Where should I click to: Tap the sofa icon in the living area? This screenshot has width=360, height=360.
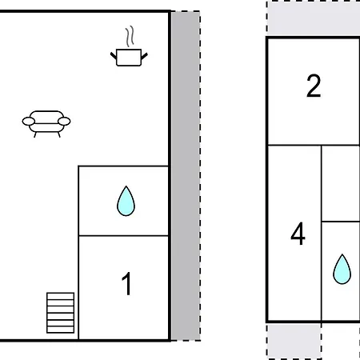click(x=46, y=124)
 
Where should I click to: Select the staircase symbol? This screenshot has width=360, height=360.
click(x=60, y=313)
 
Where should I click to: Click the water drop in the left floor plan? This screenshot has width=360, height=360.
click(x=126, y=201)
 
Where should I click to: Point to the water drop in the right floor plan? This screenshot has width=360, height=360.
click(x=342, y=270)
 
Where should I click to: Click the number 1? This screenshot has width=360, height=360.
click(x=126, y=284)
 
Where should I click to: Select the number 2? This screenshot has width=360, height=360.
click(x=314, y=86)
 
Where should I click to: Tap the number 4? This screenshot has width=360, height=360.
click(x=298, y=234)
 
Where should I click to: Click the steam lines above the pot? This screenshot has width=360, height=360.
click(x=130, y=36)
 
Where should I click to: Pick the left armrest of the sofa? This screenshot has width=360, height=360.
click(x=29, y=122)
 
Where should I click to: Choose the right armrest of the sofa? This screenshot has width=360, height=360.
click(x=64, y=122)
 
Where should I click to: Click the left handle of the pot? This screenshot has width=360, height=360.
click(x=114, y=56)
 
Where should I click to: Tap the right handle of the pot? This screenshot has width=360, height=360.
click(x=144, y=56)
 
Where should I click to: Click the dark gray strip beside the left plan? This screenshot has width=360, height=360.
click(x=186, y=176)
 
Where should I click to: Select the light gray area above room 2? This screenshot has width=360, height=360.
click(x=314, y=18)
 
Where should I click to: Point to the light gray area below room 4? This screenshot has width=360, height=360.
click(x=294, y=341)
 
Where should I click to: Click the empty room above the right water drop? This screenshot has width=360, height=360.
click(x=341, y=183)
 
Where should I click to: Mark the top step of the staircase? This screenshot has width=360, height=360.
click(x=60, y=296)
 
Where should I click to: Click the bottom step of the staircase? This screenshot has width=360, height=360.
click(x=60, y=330)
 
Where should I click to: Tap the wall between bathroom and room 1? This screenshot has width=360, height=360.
click(x=123, y=236)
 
